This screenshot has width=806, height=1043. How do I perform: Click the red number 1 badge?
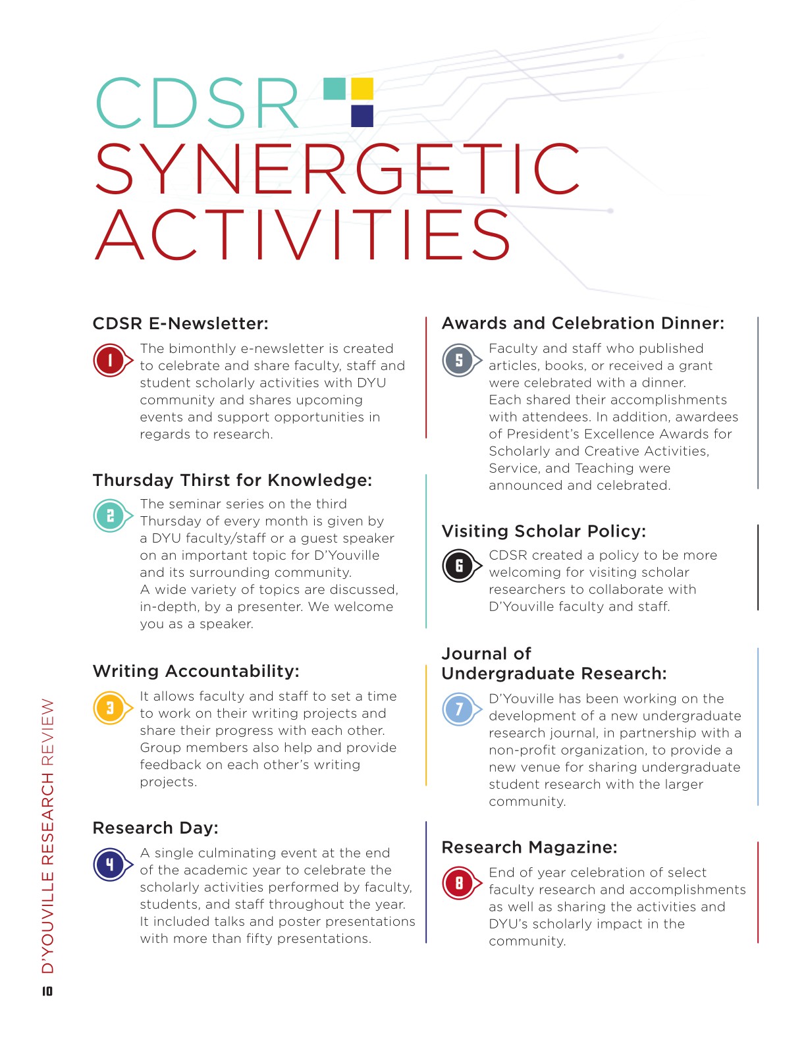pos(110,360)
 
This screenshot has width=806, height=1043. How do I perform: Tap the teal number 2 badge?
pos(110,516)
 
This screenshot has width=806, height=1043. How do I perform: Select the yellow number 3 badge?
pos(110,708)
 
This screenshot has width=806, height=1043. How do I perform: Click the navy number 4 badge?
pos(110,865)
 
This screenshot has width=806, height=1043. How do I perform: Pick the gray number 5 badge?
pos(459,360)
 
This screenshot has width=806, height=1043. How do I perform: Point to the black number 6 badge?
pos(459,566)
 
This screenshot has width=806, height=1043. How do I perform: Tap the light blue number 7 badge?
pos(459,709)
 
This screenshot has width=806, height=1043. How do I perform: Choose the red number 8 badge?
pos(459,883)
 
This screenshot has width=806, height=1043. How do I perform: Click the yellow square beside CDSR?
pos(362,89)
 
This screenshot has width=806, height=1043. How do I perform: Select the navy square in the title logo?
pos(362,116)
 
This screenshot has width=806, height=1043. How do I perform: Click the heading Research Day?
pos(155,828)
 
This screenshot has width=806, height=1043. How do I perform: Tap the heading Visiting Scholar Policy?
pos(543,531)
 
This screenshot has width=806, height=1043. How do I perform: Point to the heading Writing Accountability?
pos(196,671)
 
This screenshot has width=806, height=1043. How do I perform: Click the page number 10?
pos(47,991)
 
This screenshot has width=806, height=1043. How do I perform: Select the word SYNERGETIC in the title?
pos(337,169)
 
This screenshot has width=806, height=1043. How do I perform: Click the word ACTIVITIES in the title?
pos(303,236)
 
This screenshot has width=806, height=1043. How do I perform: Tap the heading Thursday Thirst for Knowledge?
pos(232,480)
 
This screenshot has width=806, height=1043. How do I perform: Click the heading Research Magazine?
pos(529,847)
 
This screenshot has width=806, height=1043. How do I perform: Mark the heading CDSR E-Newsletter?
pos(180,323)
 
